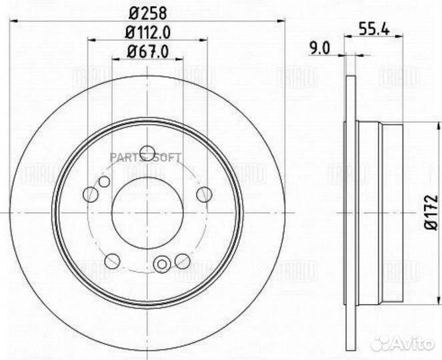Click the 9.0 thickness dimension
click(x=324, y=47)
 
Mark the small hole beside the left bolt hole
click(x=103, y=182)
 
